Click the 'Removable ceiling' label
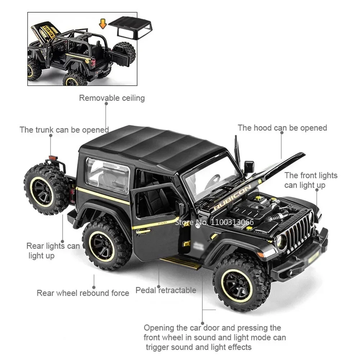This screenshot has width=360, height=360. click(112, 98)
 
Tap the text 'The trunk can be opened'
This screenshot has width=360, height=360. click(64, 130)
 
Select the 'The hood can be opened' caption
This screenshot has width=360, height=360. click(282, 128)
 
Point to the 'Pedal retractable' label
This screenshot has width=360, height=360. click(166, 290)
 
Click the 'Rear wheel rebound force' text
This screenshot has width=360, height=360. click(83, 293)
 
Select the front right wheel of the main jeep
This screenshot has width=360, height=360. click(242, 282)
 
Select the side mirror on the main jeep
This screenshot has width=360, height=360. click(249, 167)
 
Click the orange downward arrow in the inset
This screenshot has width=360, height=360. click(103, 24)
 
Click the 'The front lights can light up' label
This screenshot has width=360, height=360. click(311, 180)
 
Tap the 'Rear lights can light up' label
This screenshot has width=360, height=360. click(53, 251)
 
